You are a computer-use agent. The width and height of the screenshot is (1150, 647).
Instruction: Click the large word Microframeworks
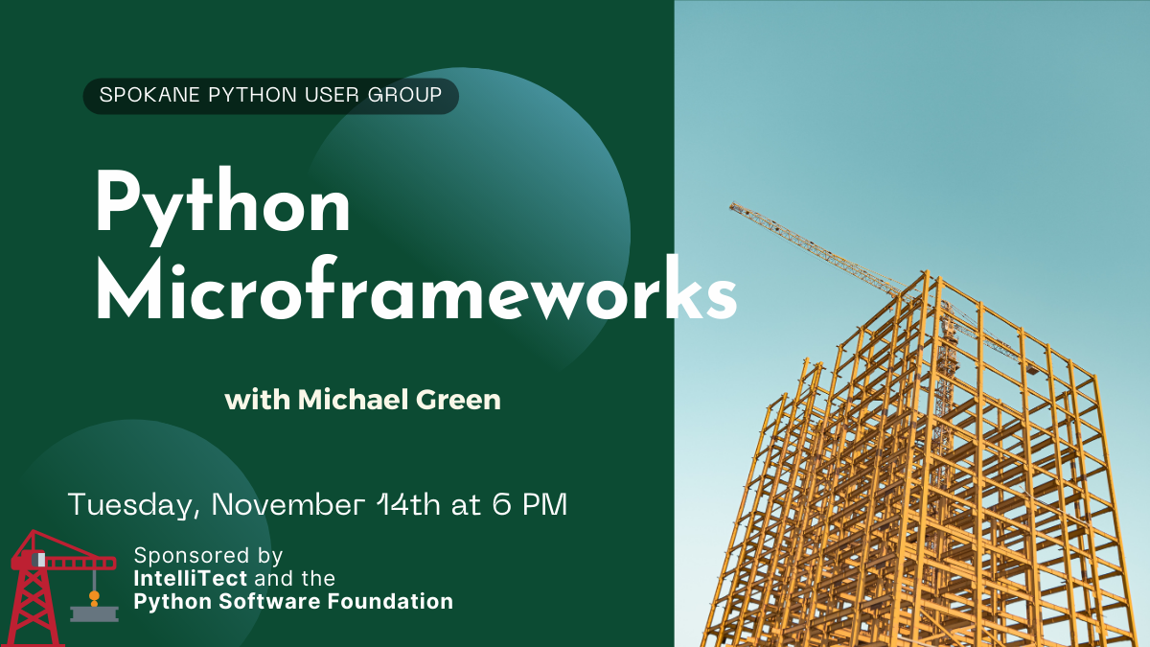pyautogui.click(x=416, y=289)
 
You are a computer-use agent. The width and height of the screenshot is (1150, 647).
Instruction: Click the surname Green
pyautogui.click(x=458, y=400)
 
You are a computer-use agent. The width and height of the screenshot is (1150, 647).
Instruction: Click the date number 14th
pyautogui.click(x=408, y=504)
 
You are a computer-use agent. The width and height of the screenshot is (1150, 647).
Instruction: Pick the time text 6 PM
pyautogui.click(x=529, y=504)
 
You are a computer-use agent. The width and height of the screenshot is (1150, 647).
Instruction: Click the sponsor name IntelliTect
pyautogui.click(x=191, y=579)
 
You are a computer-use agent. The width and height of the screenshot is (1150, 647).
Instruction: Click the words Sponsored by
pyautogui.click(x=209, y=556)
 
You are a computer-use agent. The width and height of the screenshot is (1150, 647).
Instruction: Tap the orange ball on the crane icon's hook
pyautogui.click(x=94, y=596)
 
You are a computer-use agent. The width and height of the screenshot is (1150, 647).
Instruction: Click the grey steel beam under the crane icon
pyautogui.click(x=95, y=613)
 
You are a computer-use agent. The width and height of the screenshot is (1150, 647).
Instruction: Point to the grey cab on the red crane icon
pyautogui.click(x=38, y=560)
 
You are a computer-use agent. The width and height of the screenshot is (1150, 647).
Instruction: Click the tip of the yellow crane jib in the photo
pyautogui.click(x=731, y=204)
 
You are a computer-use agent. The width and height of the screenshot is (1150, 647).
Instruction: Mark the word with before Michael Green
pyautogui.click(x=257, y=400)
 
